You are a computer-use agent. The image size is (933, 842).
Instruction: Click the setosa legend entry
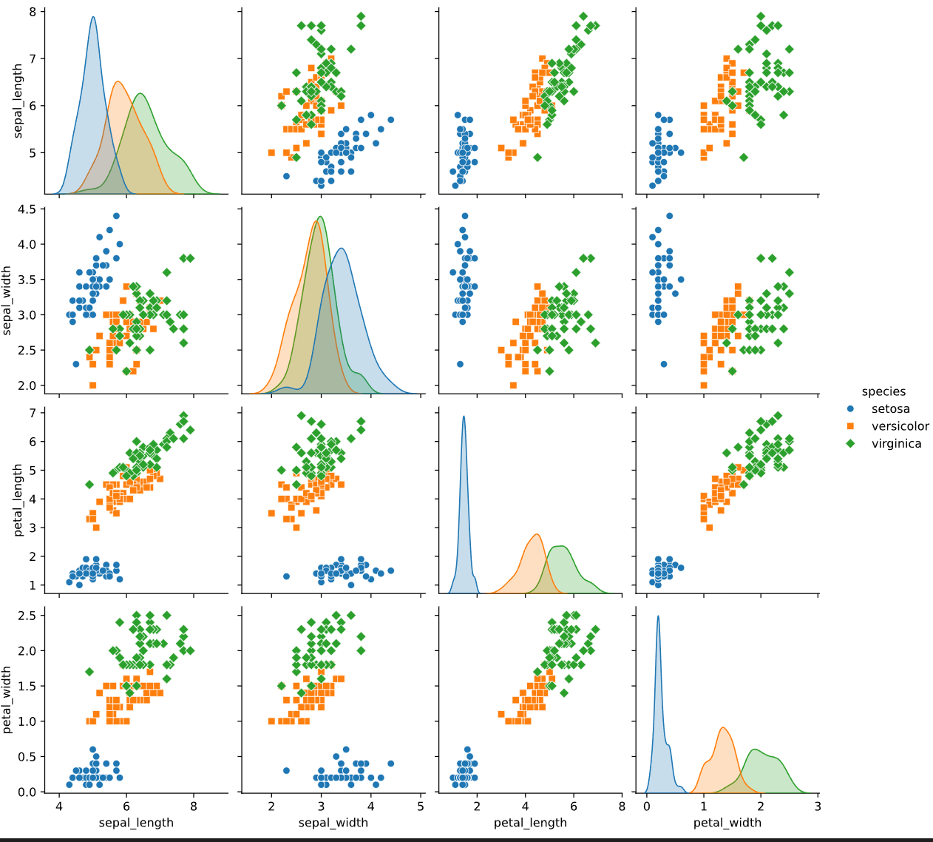890,409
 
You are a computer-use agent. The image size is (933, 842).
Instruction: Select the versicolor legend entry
900,426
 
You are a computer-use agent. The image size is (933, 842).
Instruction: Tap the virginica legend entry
896,444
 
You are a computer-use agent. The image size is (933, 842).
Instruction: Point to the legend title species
883,392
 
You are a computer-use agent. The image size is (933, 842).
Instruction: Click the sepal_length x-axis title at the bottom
136,823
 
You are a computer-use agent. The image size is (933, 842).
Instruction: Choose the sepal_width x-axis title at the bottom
333,823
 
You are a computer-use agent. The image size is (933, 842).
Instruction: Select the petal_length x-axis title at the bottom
530,823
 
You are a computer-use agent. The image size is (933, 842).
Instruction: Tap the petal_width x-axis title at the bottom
727,823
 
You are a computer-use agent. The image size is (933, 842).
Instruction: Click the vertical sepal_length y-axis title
18,101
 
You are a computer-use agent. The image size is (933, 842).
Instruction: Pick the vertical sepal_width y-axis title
8,300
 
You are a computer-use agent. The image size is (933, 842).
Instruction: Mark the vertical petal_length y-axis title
18,500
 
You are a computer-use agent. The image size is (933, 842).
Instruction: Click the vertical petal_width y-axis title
8,700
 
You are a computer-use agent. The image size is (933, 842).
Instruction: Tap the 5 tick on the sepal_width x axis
421,806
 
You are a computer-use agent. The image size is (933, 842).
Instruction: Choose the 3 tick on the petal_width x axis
818,806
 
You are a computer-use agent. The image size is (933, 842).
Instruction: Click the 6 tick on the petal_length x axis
574,806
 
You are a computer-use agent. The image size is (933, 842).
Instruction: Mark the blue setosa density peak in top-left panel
93,18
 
